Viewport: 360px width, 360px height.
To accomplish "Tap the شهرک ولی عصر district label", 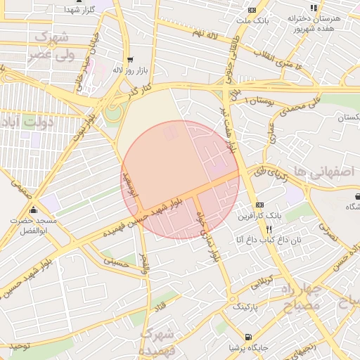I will [x=49, y=45].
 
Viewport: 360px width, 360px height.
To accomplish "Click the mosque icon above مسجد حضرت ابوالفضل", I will [x=33, y=210].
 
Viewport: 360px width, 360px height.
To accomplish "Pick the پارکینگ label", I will [x=246, y=307].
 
